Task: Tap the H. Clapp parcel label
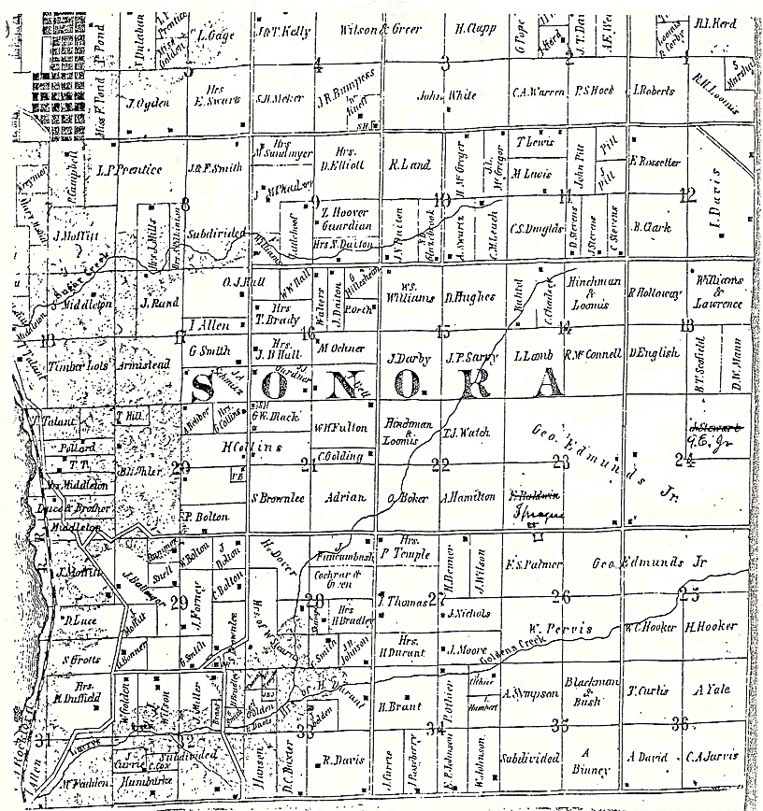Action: point(473,29)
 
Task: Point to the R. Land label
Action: point(409,165)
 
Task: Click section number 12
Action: point(688,195)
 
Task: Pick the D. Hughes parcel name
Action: point(470,297)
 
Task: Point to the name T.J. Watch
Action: point(460,433)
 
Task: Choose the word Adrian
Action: point(339,498)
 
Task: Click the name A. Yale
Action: point(705,691)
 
